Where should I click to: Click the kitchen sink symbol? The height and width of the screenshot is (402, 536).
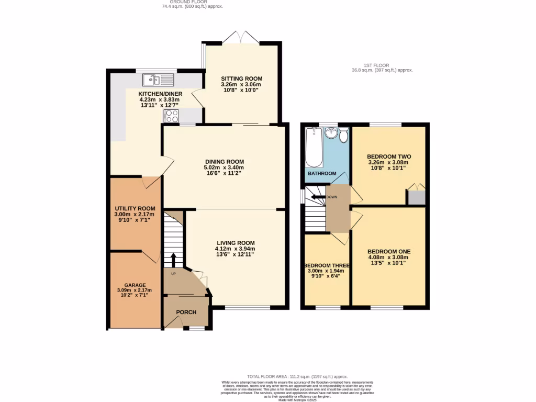[x=158, y=80]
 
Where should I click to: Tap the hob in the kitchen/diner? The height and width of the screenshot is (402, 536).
[x=171, y=116]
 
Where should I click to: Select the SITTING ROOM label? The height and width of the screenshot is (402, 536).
[x=241, y=79]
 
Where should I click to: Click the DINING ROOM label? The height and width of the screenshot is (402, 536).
[x=224, y=161]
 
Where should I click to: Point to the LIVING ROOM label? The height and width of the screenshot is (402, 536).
[x=236, y=243]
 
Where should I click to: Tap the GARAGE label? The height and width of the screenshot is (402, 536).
[x=135, y=285]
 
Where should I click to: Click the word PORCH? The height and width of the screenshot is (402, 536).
[x=186, y=312]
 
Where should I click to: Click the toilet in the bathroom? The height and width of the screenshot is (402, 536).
[x=343, y=136]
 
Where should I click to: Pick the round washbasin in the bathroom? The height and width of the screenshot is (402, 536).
[x=331, y=133]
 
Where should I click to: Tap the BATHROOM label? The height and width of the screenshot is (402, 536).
[x=322, y=173]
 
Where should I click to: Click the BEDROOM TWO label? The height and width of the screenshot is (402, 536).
[x=388, y=157]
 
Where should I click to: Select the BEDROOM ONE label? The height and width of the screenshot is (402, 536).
[x=388, y=251]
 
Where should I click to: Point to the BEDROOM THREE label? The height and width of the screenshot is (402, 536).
[x=327, y=265]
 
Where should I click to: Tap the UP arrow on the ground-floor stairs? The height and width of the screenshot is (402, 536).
[x=173, y=259]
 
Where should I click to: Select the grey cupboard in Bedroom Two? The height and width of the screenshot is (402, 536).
[x=416, y=197]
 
